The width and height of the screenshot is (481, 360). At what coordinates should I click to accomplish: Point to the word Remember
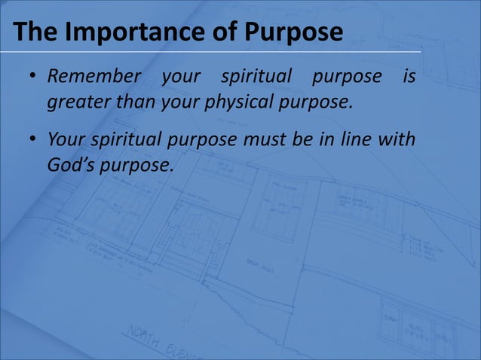tap(94, 77)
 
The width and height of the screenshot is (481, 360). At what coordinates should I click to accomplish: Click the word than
tap(133, 101)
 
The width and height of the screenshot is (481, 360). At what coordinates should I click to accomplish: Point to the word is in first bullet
tap(409, 77)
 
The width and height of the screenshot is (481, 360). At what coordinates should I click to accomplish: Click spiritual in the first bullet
tap(256, 77)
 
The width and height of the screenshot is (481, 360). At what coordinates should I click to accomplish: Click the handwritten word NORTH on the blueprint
tap(145, 337)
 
